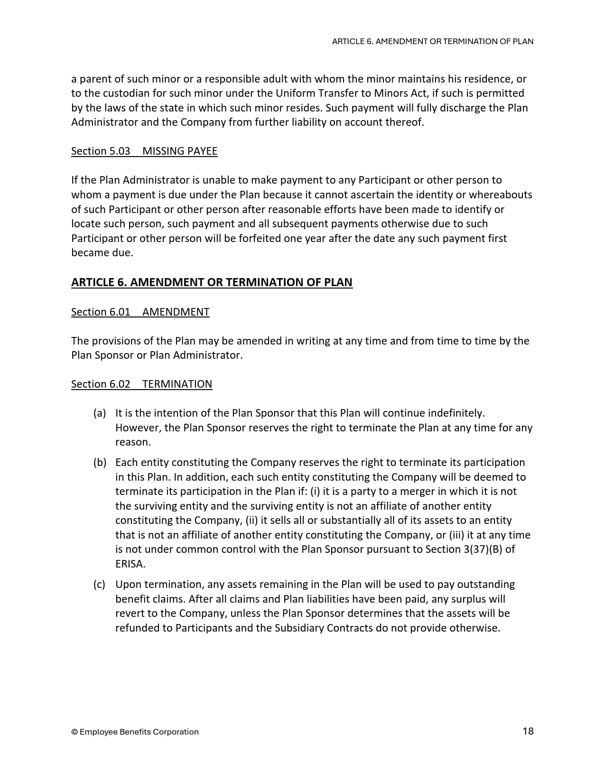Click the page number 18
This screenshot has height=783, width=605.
(x=528, y=731)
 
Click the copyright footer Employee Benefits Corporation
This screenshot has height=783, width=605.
(x=135, y=732)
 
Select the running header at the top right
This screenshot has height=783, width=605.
(x=432, y=41)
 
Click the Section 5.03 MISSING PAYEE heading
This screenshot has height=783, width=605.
(x=144, y=151)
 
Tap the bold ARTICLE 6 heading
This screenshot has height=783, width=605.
(x=212, y=282)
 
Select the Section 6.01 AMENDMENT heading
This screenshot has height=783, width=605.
(x=140, y=312)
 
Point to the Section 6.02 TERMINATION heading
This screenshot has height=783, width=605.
(x=141, y=384)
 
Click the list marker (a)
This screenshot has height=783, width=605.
(x=99, y=413)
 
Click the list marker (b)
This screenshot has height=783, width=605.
(x=99, y=462)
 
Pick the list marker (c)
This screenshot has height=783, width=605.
(x=99, y=584)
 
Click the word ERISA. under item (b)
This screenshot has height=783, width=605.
(x=130, y=564)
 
